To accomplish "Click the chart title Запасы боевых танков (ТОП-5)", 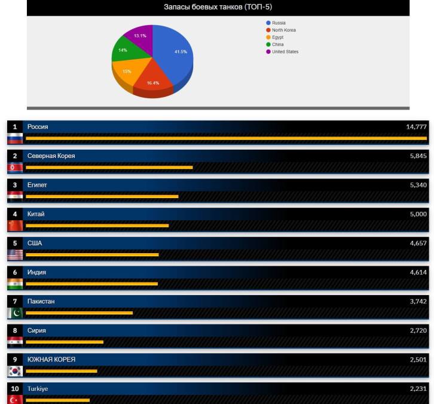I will (x=218, y=7).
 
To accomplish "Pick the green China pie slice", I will (x=124, y=51).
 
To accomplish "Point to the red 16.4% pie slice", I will (x=152, y=81).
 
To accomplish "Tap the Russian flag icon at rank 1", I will (x=15, y=138).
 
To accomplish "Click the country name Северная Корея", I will (x=51, y=156).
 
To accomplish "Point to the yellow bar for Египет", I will (x=102, y=196).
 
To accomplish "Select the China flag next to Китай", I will (x=15, y=226).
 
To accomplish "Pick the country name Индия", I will (x=37, y=272).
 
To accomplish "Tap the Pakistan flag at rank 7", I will (x=15, y=313).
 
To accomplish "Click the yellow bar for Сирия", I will (x=65, y=342).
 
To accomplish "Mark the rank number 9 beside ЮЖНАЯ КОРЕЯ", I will (x=15, y=360).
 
